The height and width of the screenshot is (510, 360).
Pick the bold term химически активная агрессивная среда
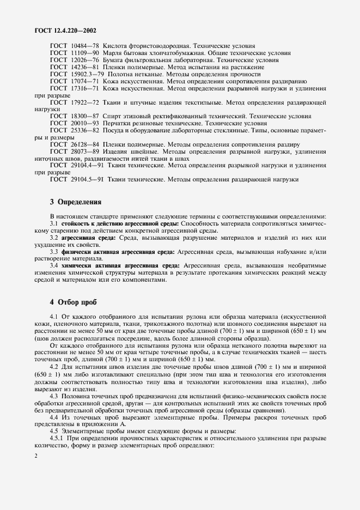pos(119,266)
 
